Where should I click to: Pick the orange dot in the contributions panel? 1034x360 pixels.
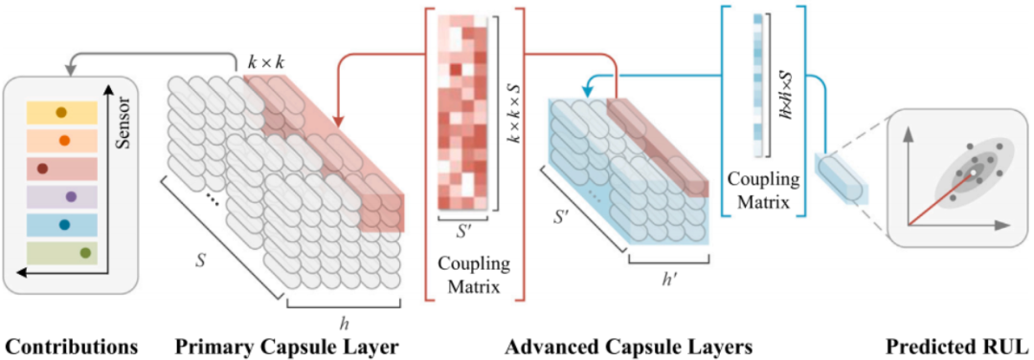click(65, 141)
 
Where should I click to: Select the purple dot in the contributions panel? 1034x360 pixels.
click(71, 196)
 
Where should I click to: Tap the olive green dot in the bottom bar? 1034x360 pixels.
click(85, 253)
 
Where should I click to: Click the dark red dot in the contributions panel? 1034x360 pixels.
click(42, 169)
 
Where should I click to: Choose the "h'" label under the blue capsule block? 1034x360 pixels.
click(667, 278)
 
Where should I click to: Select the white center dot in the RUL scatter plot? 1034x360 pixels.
click(973, 173)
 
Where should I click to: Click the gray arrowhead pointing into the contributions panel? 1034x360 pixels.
click(69, 65)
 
